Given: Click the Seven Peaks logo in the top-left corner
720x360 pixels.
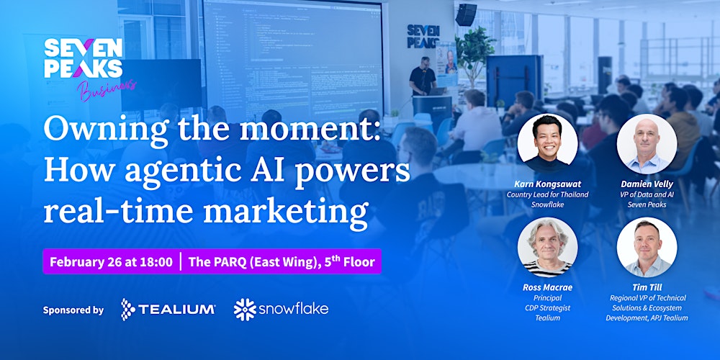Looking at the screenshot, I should coord(83,59).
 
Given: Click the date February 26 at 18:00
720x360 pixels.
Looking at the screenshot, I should coord(111,262).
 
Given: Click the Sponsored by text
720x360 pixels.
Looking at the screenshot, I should coord(73,310).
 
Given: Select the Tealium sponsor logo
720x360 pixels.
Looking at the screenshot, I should coord(168,310).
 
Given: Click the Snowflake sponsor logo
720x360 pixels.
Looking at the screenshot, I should coord(281,310).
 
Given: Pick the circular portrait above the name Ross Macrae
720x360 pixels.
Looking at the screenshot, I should coord(547,247).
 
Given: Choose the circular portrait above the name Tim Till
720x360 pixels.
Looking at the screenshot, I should coord(646,247).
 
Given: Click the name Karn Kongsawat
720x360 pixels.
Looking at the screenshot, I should coord(547,184).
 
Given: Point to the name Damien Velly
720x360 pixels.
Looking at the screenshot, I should coord(646,184).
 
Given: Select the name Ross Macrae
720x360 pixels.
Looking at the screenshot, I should coord(547,287).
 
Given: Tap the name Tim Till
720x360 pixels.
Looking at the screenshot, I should coord(646,287).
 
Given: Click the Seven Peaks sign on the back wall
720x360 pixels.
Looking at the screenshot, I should coord(423,36).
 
